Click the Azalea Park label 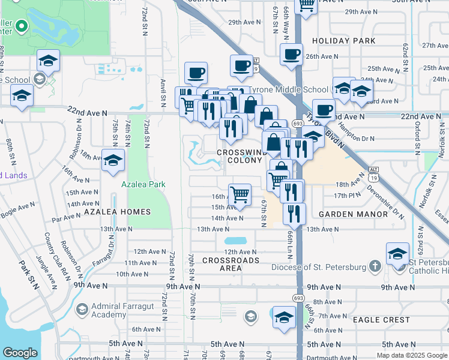[143, 185]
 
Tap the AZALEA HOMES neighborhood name [117, 212]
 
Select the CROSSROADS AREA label [231, 264]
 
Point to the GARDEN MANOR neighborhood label [353, 214]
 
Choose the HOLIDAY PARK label [343, 41]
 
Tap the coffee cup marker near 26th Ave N [291, 54]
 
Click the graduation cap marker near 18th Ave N [112, 160]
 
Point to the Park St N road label [28, 275]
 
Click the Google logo [20, 352]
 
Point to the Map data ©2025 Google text [411, 355]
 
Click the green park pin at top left [22, 26]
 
